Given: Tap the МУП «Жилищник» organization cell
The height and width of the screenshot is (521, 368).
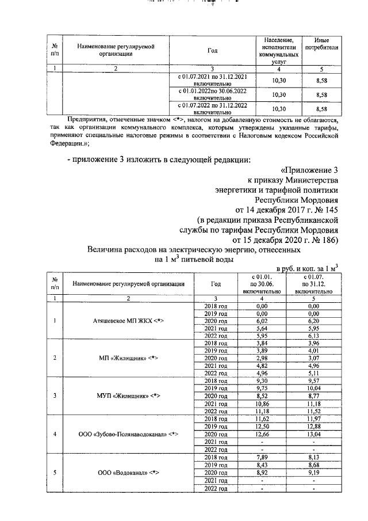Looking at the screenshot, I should coord(128,395).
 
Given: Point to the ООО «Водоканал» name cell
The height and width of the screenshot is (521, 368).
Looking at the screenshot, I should coord(128,473).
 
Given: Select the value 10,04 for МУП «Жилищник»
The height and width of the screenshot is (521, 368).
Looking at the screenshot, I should coord(313,388).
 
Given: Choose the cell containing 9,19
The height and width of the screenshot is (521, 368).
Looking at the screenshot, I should coord(313,473).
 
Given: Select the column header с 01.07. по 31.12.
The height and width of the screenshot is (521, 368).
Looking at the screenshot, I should coord(313,283).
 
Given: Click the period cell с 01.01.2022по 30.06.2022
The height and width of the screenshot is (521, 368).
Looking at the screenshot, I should coord(213,94).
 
